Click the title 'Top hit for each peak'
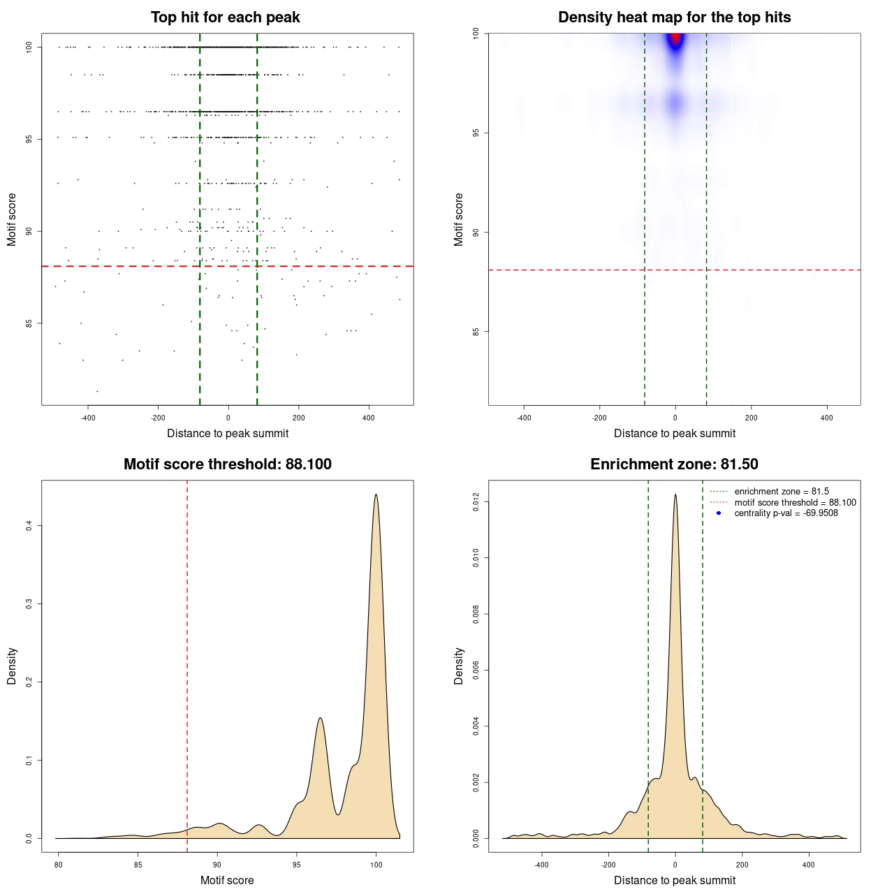tap(225, 17)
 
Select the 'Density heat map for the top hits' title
tap(674, 17)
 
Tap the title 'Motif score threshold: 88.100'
tap(227, 464)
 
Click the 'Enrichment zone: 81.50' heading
tap(674, 464)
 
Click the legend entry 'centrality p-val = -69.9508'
tap(786, 513)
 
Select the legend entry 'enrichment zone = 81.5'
tap(782, 492)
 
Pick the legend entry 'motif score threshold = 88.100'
tap(795, 503)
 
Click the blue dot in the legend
tap(719, 513)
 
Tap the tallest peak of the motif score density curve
tap(376, 495)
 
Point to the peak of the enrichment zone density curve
tap(675, 495)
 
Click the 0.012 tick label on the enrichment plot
tap(476, 502)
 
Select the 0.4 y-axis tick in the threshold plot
tap(29, 525)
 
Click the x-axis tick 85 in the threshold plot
tap(138, 865)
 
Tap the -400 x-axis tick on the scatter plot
tap(88, 418)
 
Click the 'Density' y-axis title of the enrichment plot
tap(459, 666)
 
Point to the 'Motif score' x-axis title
tap(227, 880)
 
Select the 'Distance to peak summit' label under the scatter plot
tap(228, 433)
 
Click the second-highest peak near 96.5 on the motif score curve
tap(320, 718)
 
